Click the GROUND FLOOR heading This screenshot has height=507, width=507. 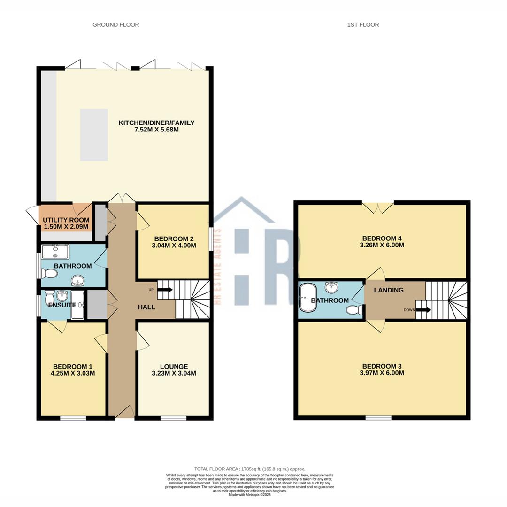pyautogui.click(x=115, y=24)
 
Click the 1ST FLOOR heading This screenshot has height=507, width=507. pyautogui.click(x=363, y=24)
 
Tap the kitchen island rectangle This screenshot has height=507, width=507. pyautogui.click(x=94, y=135)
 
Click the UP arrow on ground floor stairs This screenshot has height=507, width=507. pyautogui.click(x=165, y=290)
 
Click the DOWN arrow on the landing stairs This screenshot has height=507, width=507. pyautogui.click(x=423, y=310)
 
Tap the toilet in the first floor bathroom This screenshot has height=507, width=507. pyautogui.click(x=353, y=310)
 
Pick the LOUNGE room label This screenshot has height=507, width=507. pyautogui.click(x=174, y=367)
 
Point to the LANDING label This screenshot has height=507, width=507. pyautogui.click(x=388, y=290)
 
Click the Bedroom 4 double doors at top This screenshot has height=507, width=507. pyautogui.click(x=378, y=207)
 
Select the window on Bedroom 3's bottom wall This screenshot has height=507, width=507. pyautogui.click(x=378, y=417)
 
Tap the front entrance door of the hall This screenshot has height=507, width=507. pyautogui.click(x=124, y=412)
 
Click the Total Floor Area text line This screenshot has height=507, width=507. pyautogui.click(x=250, y=469)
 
